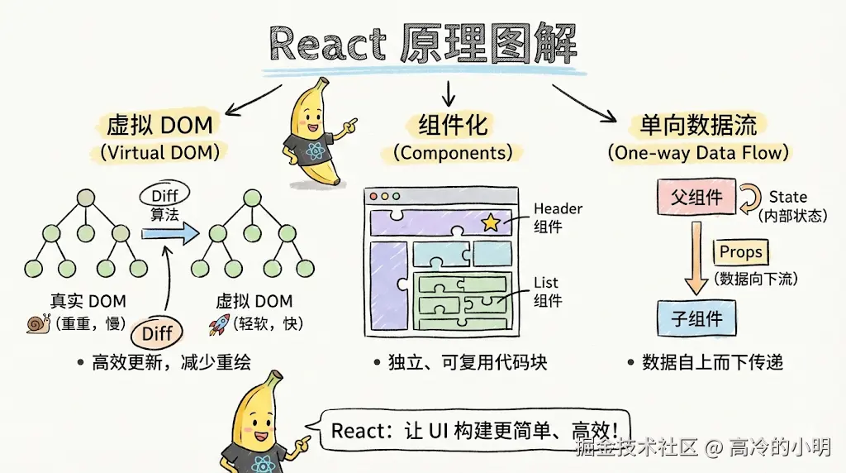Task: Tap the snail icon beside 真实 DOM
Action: pyautogui.click(x=38, y=323)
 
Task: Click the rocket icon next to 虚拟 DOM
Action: pyautogui.click(x=219, y=323)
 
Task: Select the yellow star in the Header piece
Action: pyautogui.click(x=490, y=222)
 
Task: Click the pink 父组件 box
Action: pyautogui.click(x=696, y=197)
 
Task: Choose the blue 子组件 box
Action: pyautogui.click(x=696, y=318)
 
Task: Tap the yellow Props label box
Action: pyautogui.click(x=740, y=252)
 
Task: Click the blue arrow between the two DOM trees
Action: pyautogui.click(x=169, y=234)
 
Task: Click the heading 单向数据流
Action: pyautogui.click(x=698, y=126)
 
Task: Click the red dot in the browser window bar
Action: pyautogui.click(x=373, y=197)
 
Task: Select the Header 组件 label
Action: pyautogui.click(x=557, y=217)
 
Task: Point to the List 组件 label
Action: pyautogui.click(x=547, y=291)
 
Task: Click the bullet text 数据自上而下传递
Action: pyautogui.click(x=711, y=362)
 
